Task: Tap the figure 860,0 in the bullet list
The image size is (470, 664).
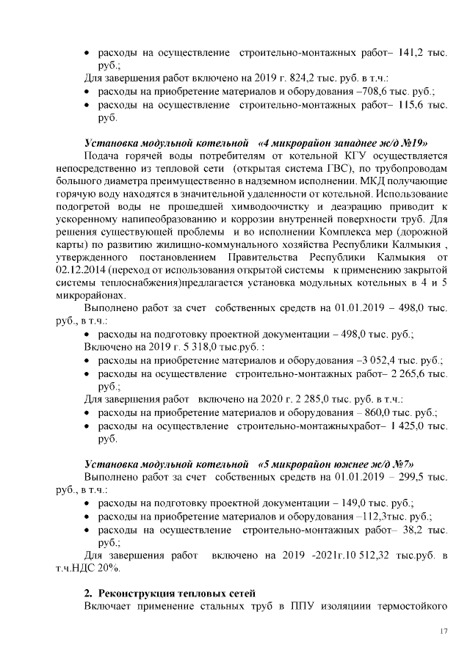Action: click(375, 412)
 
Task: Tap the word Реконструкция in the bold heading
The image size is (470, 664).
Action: click(137, 593)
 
